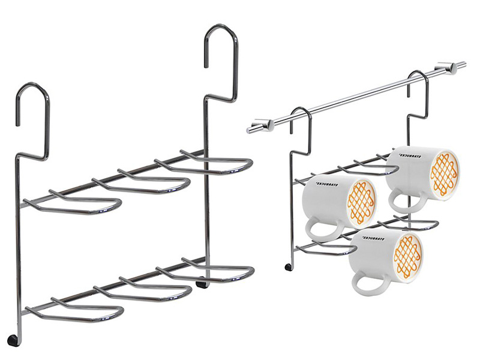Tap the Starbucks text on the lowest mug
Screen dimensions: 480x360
[374, 238]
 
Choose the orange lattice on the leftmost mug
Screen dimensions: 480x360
[361, 202]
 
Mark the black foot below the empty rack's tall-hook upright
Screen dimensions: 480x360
[200, 283]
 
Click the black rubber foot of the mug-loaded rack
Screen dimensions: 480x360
[288, 267]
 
